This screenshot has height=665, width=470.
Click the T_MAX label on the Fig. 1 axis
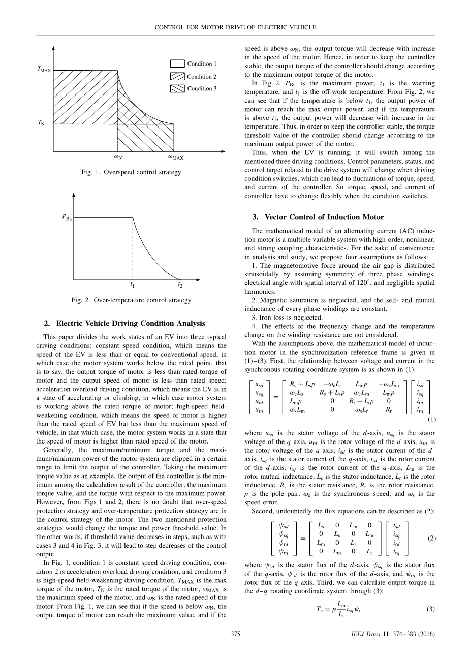click(44, 70)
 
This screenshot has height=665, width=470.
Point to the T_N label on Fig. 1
click(40, 123)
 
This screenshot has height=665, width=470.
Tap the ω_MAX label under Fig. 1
click(175, 157)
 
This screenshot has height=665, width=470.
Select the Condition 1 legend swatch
click(177, 64)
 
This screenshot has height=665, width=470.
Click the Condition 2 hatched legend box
click(177, 77)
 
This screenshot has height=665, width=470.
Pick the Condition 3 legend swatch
click(177, 89)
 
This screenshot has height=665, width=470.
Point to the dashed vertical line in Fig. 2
click(133, 249)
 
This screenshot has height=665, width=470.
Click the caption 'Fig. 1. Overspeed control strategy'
click(131, 172)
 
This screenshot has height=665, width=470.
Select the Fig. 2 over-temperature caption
click(131, 300)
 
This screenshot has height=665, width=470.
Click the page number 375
click(235, 648)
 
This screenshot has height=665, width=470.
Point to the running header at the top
click(235, 27)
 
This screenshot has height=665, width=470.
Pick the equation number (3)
click(431, 609)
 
